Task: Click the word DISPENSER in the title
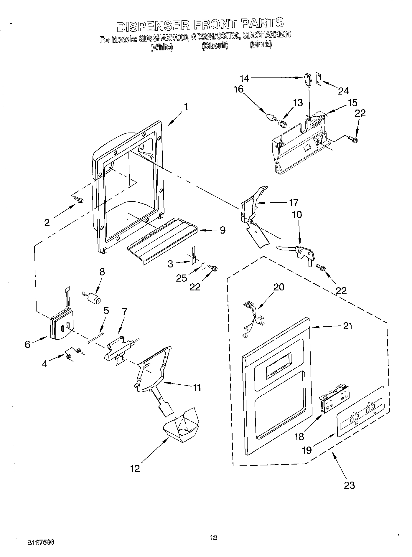[153, 26]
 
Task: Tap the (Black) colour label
[261, 44]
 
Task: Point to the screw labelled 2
[79, 199]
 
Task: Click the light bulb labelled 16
[271, 117]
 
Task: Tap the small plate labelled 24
[319, 78]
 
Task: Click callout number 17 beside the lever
[294, 203]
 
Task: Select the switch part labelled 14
[307, 79]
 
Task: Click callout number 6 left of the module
[27, 344]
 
